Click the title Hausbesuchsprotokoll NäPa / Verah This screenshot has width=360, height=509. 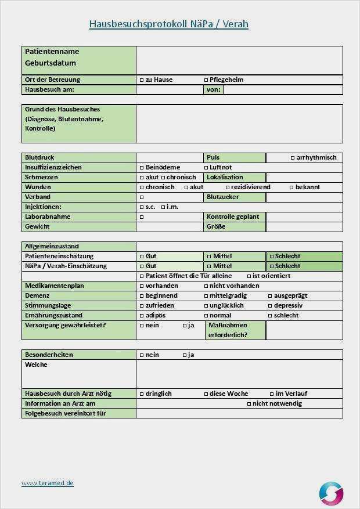click(168, 24)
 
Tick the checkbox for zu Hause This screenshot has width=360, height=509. click(142, 80)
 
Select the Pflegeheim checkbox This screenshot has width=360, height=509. click(206, 80)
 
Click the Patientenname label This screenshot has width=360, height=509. click(52, 52)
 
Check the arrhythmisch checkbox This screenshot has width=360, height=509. click(292, 157)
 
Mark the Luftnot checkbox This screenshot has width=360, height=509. click(206, 167)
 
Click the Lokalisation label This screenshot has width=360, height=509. click(225, 177)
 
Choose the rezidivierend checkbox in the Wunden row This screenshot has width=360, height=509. click(228, 187)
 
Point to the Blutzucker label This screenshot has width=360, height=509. click(222, 197)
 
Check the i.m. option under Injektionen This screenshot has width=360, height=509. click(163, 207)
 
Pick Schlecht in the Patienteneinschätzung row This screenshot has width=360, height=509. click(271, 256)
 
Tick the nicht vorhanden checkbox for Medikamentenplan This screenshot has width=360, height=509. click(206, 286)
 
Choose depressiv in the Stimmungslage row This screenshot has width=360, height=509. click(270, 305)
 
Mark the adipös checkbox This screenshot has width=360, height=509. click(142, 315)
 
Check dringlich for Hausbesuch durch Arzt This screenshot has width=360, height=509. click(142, 394)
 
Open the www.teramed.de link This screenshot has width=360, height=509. click(48, 483)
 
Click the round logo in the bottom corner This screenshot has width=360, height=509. click(331, 493)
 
